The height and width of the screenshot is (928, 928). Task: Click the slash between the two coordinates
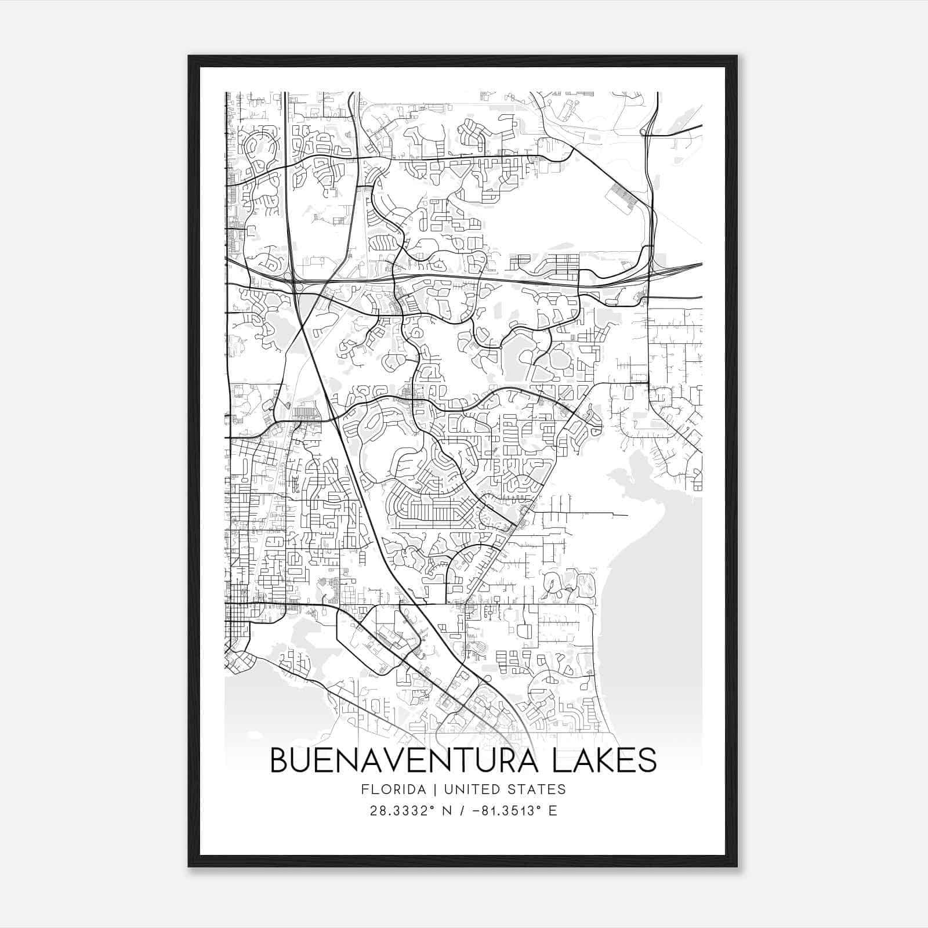(462, 811)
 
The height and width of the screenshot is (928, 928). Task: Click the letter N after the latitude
(447, 811)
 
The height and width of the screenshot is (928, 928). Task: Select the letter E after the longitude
(552, 811)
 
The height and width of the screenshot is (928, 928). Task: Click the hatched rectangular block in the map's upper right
(622, 197)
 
